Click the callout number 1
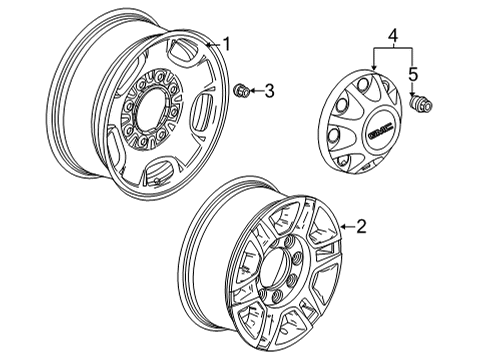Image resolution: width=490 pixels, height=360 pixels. (x=227, y=44)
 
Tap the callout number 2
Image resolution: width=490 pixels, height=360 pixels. (x=361, y=227)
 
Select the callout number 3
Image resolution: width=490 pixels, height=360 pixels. (x=267, y=93)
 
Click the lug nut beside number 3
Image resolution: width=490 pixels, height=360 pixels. (x=241, y=93)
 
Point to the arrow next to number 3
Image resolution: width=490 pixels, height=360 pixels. (x=255, y=93)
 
